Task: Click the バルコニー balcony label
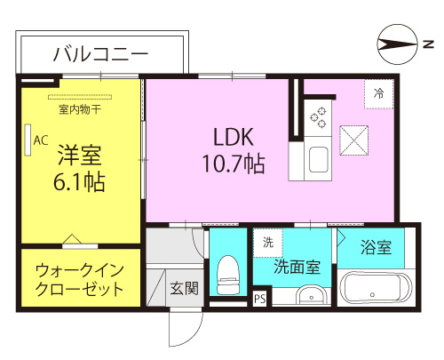pyautogui.click(x=101, y=54)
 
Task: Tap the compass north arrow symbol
pyautogui.click(x=398, y=44)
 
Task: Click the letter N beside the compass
pyautogui.click(x=428, y=44)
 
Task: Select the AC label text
pyautogui.click(x=41, y=140)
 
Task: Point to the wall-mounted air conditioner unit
pyautogui.click(x=28, y=140)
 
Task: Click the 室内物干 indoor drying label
pyautogui.click(x=80, y=109)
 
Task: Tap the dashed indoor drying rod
pyautogui.click(x=80, y=97)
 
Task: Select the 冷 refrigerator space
pyautogui.click(x=378, y=94)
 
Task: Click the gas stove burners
pyautogui.click(x=318, y=117)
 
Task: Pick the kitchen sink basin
pyautogui.click(x=319, y=159)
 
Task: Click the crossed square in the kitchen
pyautogui.click(x=354, y=140)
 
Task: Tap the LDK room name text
pyautogui.click(x=234, y=137)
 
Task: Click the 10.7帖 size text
pyautogui.click(x=234, y=164)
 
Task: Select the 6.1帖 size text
pyautogui.click(x=79, y=182)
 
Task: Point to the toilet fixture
pyautogui.click(x=227, y=275)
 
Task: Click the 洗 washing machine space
pyautogui.click(x=268, y=243)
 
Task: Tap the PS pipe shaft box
pyautogui.click(x=260, y=299)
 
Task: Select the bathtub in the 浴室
pyautogui.click(x=376, y=288)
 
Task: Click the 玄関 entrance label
pyautogui.click(x=184, y=288)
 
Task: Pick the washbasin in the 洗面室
pyautogui.click(x=313, y=295)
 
